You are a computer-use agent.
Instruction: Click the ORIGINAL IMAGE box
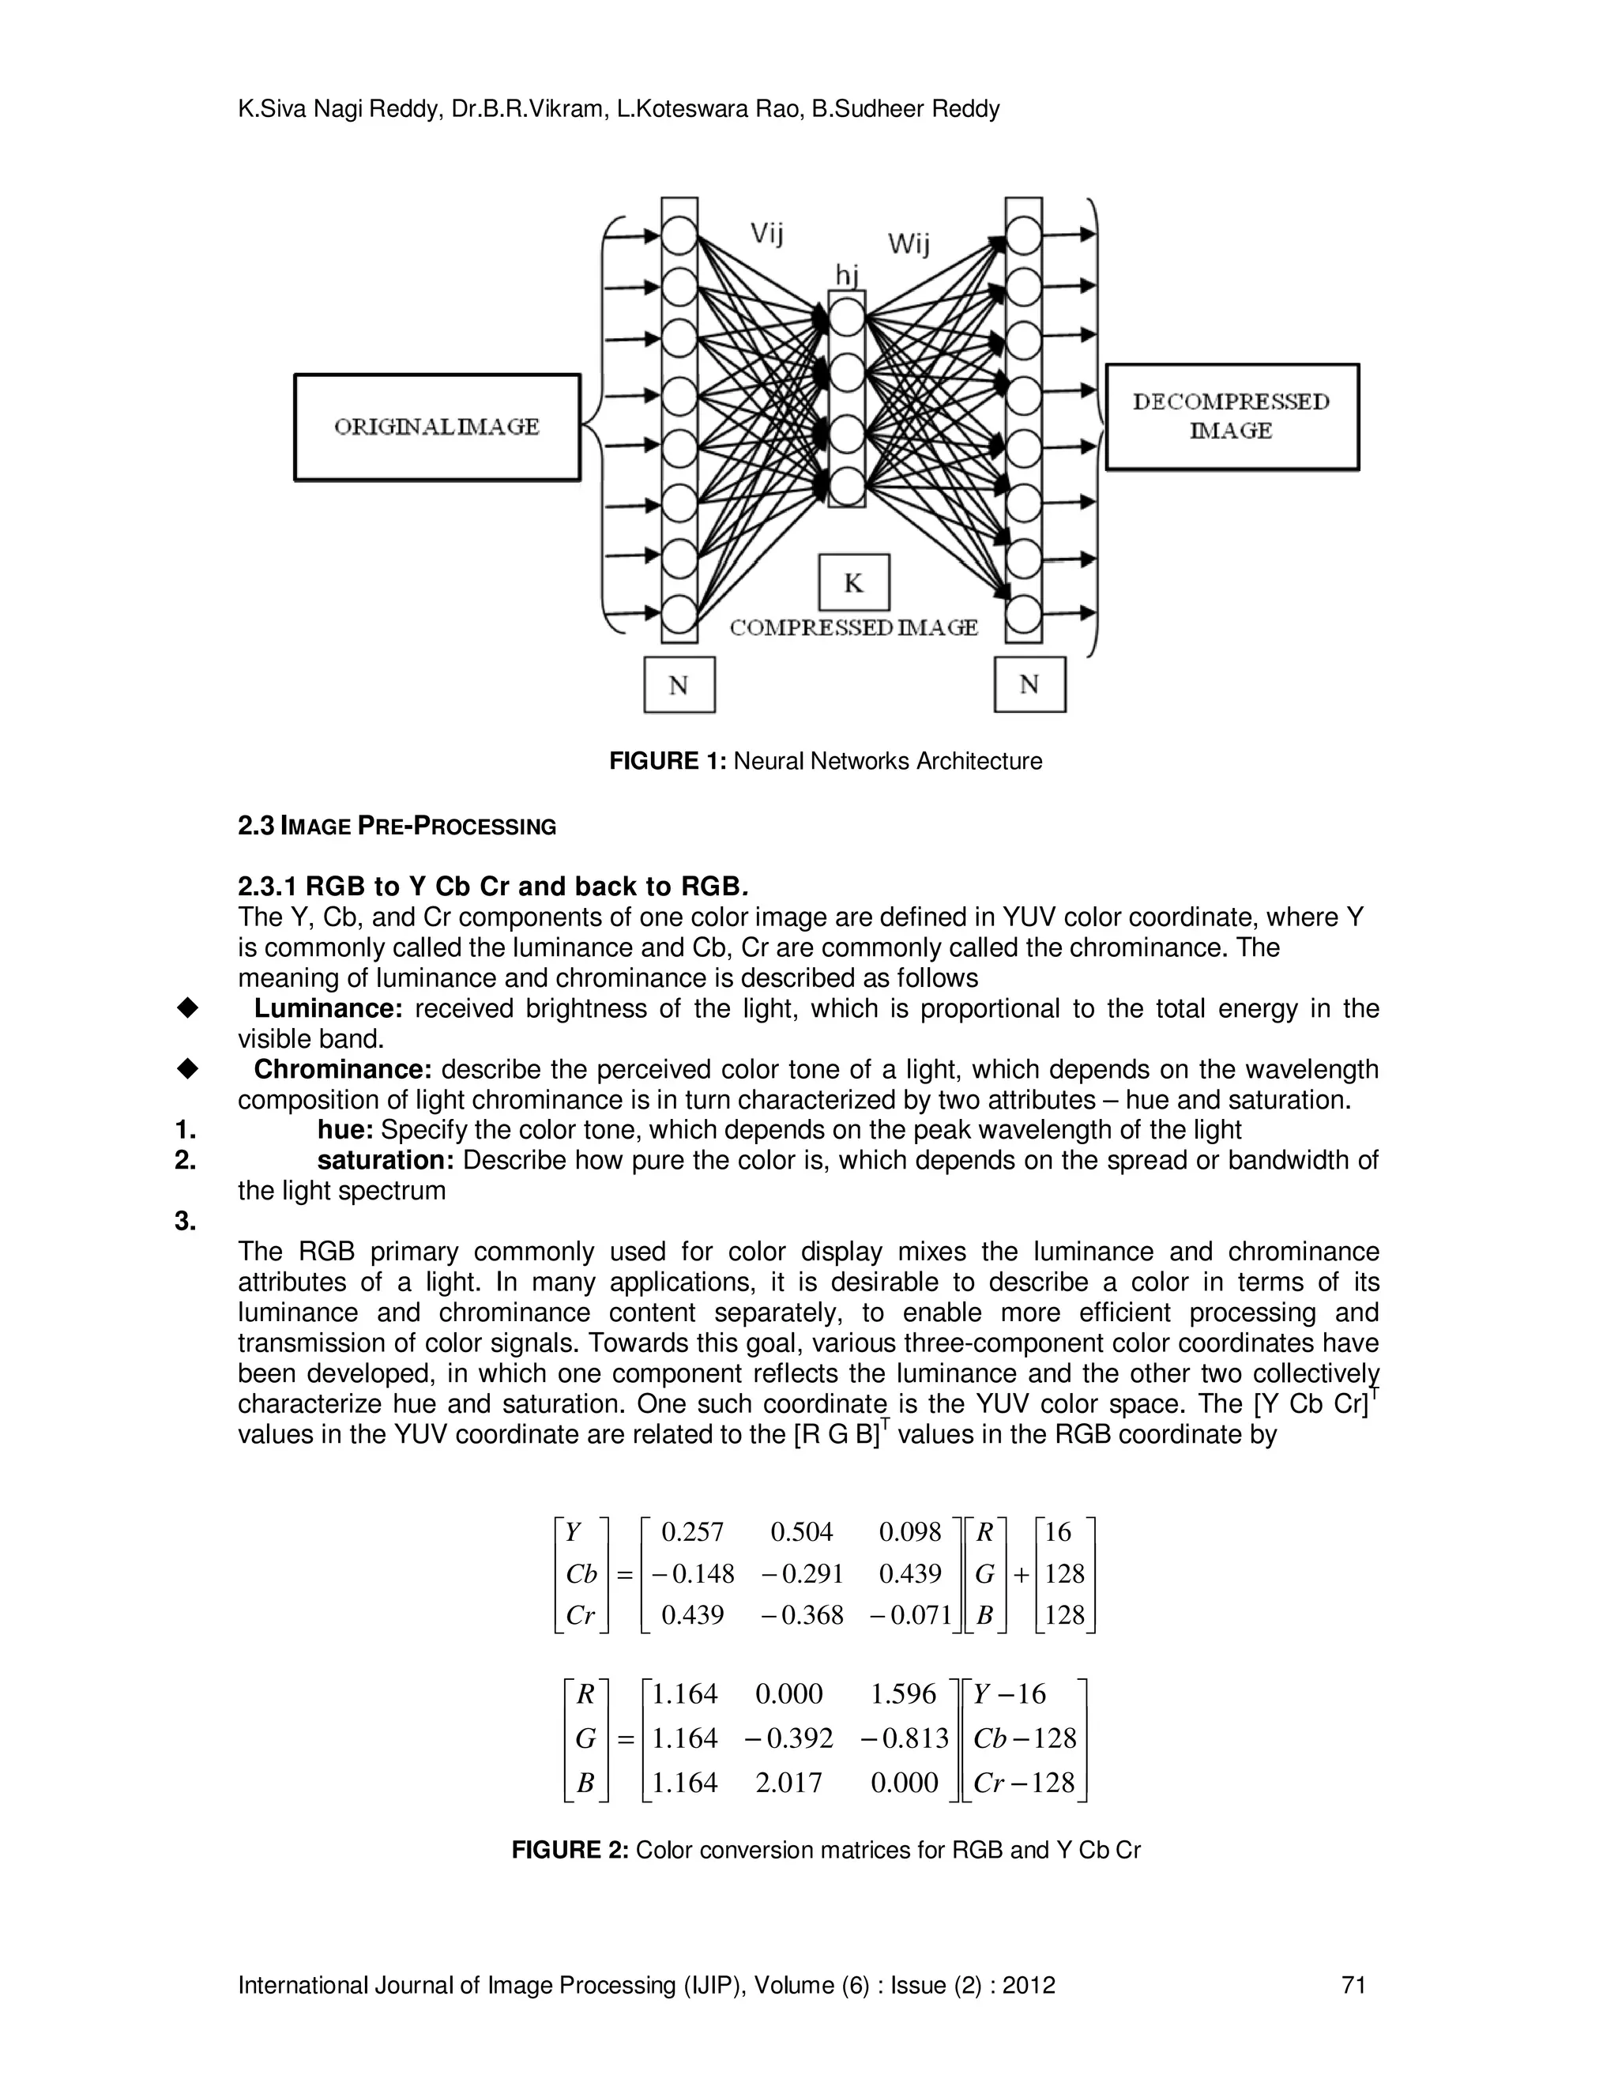(x=437, y=427)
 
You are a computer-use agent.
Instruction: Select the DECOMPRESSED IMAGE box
(x=1232, y=416)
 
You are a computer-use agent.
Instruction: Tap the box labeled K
(x=853, y=582)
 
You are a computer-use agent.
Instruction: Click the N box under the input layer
(x=679, y=684)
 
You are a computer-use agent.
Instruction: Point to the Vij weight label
(x=767, y=232)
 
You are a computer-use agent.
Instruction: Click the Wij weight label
(x=908, y=243)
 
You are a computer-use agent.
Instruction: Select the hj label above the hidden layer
(x=845, y=276)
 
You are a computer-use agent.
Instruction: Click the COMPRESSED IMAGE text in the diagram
(x=853, y=627)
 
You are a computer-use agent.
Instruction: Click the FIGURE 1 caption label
(x=669, y=761)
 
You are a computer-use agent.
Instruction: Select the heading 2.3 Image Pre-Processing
(x=397, y=826)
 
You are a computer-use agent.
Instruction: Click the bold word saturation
(x=386, y=1160)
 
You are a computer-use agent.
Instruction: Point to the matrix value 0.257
(x=692, y=1532)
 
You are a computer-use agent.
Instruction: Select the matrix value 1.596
(x=902, y=1694)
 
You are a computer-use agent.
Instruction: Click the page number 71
(x=1353, y=1985)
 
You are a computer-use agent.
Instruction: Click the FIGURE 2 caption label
(x=570, y=1851)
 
